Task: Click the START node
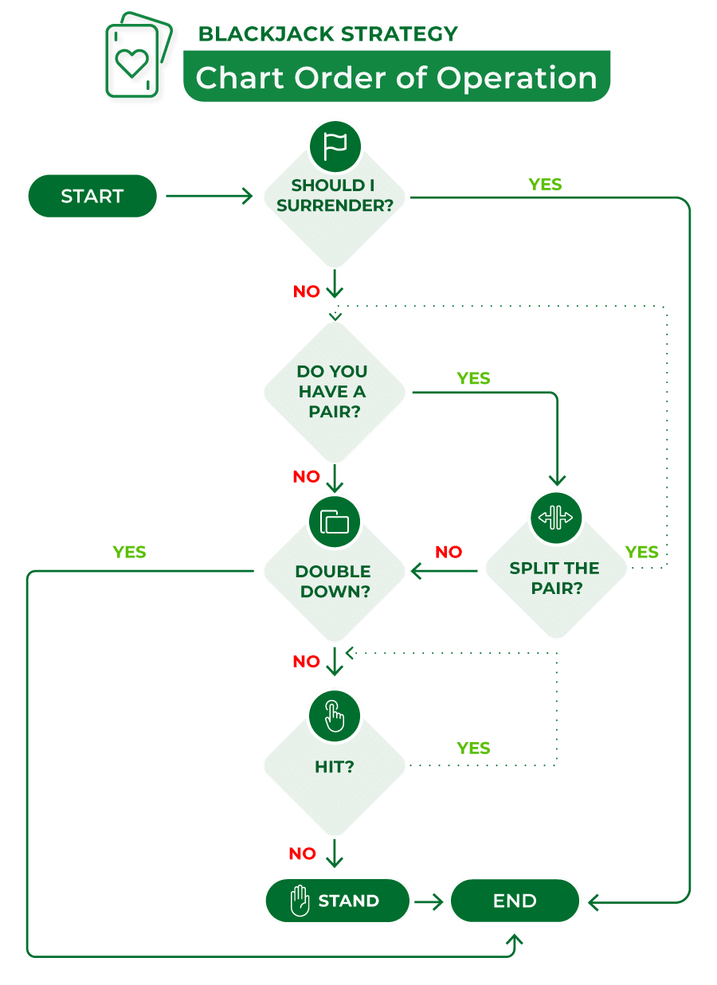coord(92,196)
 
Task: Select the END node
coord(515,901)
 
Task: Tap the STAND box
coord(337,901)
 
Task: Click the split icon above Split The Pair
coord(556,518)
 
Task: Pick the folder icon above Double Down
coord(335,522)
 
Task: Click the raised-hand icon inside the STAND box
coord(299,901)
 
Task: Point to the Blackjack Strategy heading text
coord(327,33)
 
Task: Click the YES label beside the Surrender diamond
coord(545,185)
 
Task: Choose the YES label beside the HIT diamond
coord(473,748)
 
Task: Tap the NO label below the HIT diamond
coord(303,854)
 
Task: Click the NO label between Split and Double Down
coord(449,552)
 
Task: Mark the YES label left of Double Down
coord(130,552)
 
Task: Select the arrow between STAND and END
coord(429,901)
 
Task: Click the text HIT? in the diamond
coord(335,767)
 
